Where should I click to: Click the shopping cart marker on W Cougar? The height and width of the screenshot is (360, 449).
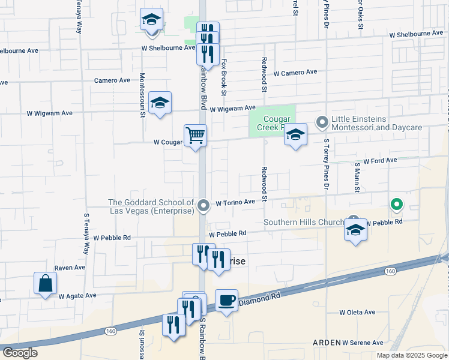[195, 136]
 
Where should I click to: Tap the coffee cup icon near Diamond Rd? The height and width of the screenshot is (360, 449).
[226, 300]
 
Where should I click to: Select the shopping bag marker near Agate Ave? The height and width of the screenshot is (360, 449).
[46, 283]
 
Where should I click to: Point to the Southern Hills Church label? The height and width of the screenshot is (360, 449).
[306, 222]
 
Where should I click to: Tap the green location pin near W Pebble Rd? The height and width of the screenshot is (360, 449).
[396, 205]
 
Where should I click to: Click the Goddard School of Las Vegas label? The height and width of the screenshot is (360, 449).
[151, 206]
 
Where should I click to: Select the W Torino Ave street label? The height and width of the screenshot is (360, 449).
[236, 203]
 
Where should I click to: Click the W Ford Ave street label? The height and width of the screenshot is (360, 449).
[380, 161]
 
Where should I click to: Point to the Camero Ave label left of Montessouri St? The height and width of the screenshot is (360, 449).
[112, 80]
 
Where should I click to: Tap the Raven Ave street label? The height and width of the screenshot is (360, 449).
[67, 268]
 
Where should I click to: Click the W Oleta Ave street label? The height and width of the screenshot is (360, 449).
[357, 312]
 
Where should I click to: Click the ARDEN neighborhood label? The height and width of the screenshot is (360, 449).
[327, 343]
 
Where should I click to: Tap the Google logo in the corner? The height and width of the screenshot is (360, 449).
[20, 353]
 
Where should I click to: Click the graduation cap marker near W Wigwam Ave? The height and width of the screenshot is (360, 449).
[160, 103]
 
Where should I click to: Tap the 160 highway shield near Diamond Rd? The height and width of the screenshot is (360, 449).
[391, 272]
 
